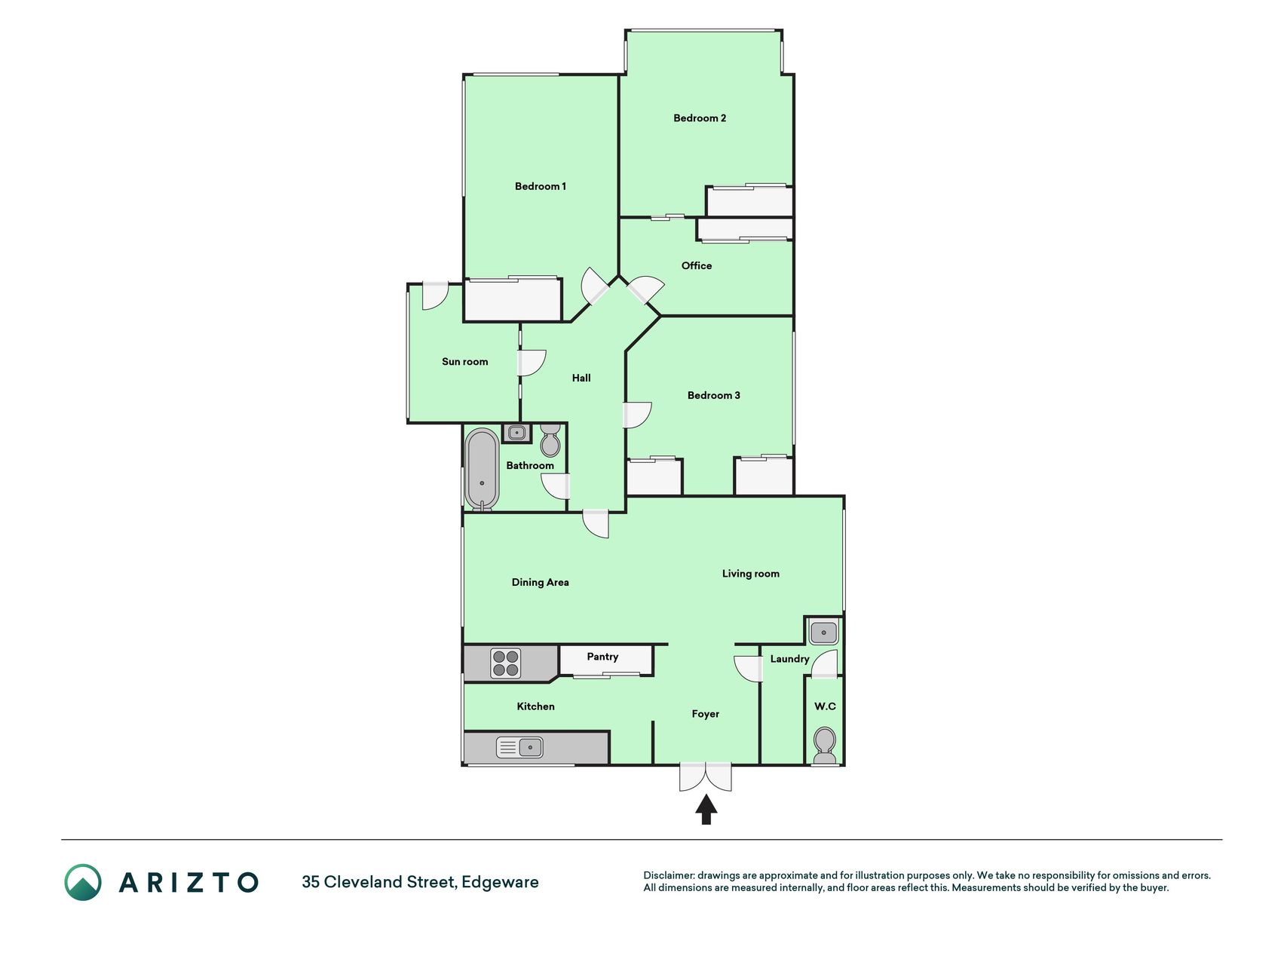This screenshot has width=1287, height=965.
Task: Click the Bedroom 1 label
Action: [540, 186]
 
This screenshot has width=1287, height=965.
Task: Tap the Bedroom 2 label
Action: [700, 118]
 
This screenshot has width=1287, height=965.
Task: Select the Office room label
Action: [696, 265]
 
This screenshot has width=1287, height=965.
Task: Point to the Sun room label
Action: [464, 362]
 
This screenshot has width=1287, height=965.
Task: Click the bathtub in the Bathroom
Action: [482, 470]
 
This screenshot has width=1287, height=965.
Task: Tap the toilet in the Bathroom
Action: [550, 440]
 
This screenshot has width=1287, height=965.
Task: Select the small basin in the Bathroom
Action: [516, 433]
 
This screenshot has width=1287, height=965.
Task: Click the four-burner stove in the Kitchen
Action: [505, 663]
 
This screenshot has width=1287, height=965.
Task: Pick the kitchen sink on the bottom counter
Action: [519, 748]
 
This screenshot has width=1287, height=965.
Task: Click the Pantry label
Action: [602, 657]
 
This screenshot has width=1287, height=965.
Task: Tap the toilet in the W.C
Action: [825, 746]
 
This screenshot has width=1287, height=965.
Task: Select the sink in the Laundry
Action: [823, 632]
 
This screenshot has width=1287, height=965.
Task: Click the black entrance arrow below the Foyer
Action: [706, 810]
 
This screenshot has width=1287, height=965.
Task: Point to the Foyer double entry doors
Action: [705, 777]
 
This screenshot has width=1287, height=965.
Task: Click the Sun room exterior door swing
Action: [435, 296]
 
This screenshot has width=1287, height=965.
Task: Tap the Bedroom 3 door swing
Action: [637, 415]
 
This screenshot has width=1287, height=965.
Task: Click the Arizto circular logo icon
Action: [82, 882]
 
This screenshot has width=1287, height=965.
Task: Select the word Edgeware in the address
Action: [500, 882]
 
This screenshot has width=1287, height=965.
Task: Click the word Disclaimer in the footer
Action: [668, 875]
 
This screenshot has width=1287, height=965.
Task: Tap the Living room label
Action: [750, 574]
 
